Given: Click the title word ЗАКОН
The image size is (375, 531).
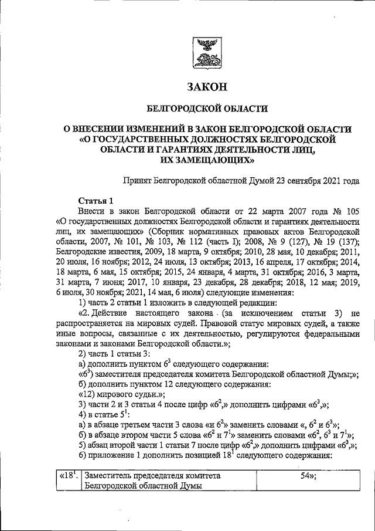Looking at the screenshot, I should [206, 87].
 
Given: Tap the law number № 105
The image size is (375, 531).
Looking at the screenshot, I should [342, 211].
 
